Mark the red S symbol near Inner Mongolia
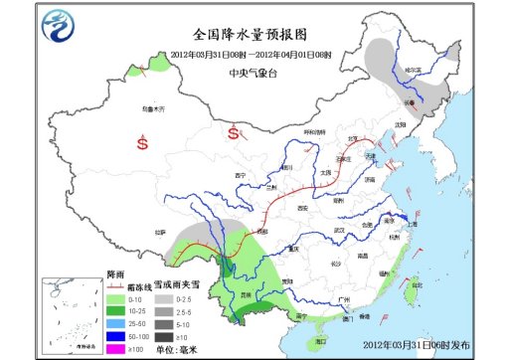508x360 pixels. point(234,131)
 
